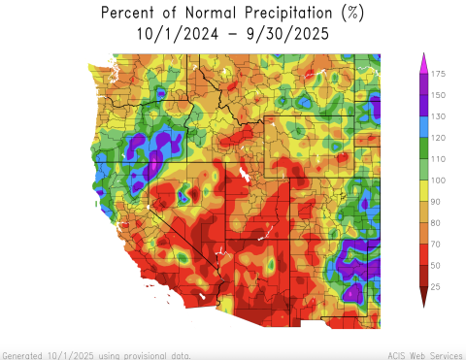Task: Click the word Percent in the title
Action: (x=129, y=13)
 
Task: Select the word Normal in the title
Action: (x=190, y=13)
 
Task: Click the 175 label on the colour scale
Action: (x=439, y=74)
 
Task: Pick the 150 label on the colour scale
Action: (x=439, y=95)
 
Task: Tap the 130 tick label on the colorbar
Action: (x=439, y=116)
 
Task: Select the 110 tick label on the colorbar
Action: (x=439, y=159)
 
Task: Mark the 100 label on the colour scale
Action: (x=439, y=180)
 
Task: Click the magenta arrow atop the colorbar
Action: (x=423, y=63)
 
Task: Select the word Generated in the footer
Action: (x=22, y=355)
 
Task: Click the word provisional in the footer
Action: (x=143, y=355)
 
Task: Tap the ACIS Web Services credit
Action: (x=423, y=355)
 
